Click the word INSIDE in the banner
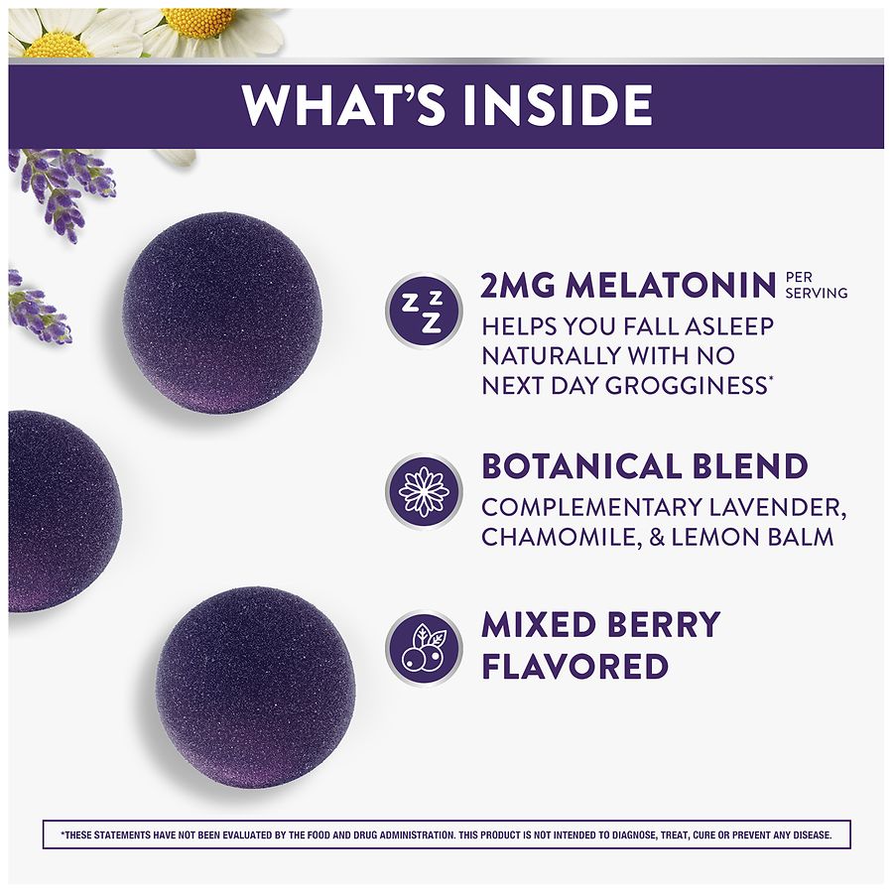(558, 105)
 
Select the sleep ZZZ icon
(423, 311)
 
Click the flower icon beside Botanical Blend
(423, 491)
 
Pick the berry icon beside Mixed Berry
(423, 648)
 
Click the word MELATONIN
(671, 286)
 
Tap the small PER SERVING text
(817, 286)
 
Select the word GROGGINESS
(687, 386)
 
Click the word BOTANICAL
(581, 466)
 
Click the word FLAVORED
(574, 667)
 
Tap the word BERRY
(664, 624)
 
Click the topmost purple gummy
(222, 313)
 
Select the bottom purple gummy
(256, 687)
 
